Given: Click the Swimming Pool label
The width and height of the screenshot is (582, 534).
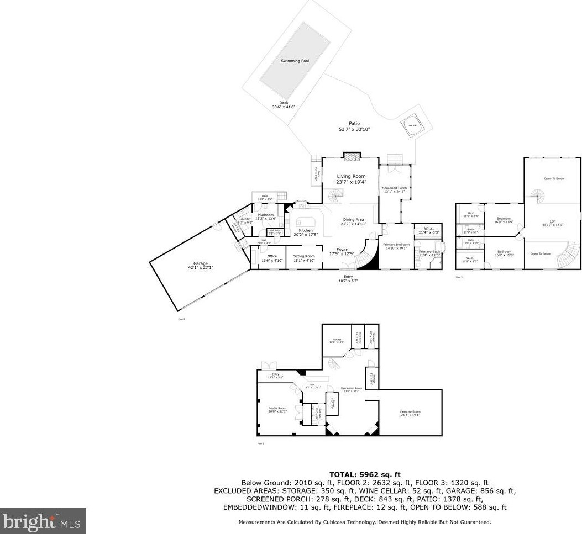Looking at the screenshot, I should point(295,61).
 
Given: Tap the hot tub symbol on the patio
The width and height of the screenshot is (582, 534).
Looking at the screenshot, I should point(413,125).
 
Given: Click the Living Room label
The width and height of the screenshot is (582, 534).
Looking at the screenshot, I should point(352,176).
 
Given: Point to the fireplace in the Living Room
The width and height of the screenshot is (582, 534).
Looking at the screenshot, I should point(351,157).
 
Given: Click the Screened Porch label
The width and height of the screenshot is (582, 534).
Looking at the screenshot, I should point(395,188).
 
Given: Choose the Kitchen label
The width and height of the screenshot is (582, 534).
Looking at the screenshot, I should point(306,230).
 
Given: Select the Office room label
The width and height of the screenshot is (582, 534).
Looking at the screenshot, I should point(271,256).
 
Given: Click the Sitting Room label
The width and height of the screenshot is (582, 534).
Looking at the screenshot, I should point(304,256).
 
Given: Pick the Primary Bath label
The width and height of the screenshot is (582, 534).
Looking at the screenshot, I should point(429,252).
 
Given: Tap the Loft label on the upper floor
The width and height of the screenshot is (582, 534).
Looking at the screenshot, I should point(552,221).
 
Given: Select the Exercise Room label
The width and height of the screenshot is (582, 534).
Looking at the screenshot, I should point(410,412).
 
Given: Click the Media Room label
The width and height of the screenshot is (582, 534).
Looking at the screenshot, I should point(278,408).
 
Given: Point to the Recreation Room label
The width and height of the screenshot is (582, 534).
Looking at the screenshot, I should point(351,388).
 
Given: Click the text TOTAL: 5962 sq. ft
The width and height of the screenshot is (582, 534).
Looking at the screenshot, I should point(365,474).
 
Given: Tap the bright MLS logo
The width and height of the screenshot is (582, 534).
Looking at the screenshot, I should point(43,521).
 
